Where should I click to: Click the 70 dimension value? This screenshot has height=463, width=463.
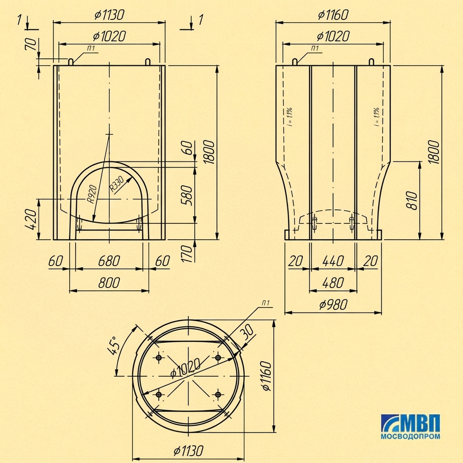click(x=32, y=44)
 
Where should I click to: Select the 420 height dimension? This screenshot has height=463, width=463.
click(x=31, y=219)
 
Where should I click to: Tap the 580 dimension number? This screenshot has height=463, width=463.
click(x=187, y=195)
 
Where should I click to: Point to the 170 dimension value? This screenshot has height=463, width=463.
click(x=187, y=253)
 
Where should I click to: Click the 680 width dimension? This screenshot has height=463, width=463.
click(x=109, y=261)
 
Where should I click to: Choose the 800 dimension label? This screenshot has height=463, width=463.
click(x=109, y=283)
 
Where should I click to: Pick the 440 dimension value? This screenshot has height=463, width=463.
click(x=333, y=261)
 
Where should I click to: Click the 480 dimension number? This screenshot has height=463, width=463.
click(x=333, y=283)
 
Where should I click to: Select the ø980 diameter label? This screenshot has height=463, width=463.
click(x=333, y=305)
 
